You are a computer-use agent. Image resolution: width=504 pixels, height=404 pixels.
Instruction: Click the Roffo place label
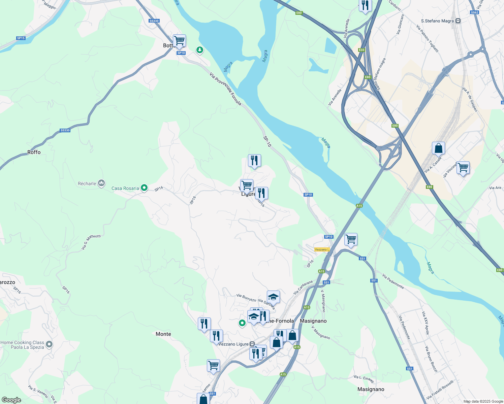pos(34,152)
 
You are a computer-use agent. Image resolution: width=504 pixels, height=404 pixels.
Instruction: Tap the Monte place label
pos(163,334)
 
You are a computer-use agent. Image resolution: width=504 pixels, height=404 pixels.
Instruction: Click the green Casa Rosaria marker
pos(144,188)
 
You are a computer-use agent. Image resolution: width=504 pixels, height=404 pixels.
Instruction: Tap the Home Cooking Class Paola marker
pos(49,344)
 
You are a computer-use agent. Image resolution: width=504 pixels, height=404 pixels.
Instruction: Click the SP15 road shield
pos(21,38)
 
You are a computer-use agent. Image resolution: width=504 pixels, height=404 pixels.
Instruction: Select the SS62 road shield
pos(474,12)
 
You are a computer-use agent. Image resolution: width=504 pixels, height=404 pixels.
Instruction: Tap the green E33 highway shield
pos(361,50)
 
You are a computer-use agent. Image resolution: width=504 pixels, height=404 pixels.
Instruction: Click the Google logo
pos(11,400)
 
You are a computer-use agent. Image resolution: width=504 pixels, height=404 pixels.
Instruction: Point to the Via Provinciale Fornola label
pos(225,89)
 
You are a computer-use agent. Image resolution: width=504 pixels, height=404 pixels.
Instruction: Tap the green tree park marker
pos(200,50)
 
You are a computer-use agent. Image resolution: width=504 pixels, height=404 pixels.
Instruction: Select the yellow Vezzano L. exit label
pos(321,249)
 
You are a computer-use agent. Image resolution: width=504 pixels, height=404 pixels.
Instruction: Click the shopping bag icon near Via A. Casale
pos(438,148)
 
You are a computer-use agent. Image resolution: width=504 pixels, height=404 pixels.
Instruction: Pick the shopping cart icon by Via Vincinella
pos(463,167)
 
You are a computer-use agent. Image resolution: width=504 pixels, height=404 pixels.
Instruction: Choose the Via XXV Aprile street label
pos(426,323)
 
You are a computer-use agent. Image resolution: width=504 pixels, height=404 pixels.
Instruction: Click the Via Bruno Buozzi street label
pos(431,359)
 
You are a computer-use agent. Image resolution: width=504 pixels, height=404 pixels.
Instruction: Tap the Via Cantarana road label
pos(303,288)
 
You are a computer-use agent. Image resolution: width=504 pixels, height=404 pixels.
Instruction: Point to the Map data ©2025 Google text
pos(483,401)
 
